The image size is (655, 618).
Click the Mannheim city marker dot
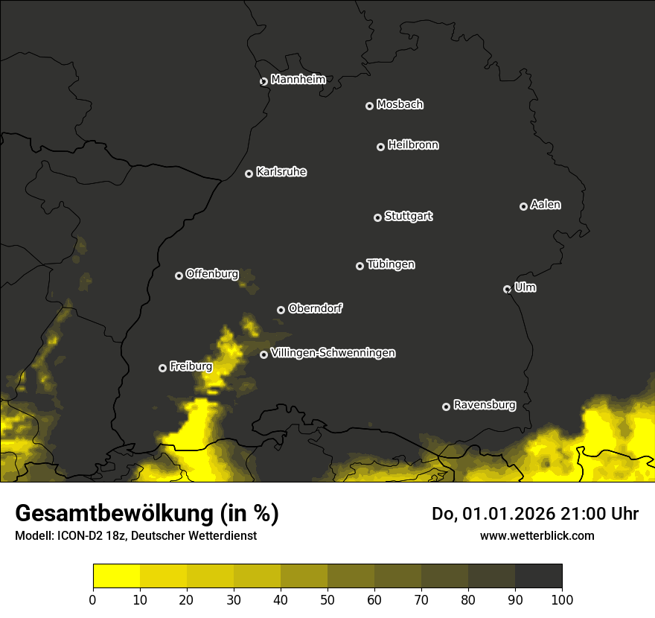(x=263, y=82)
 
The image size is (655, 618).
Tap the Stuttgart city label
(x=409, y=217)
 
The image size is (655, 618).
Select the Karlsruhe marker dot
(x=249, y=174)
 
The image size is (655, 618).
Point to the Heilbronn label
(x=413, y=145)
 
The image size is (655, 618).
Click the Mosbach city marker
(x=369, y=106)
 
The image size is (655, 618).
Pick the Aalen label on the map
(x=546, y=205)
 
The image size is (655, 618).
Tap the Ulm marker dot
(x=508, y=289)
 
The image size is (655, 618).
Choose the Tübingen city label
(x=391, y=264)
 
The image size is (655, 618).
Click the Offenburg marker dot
(x=179, y=275)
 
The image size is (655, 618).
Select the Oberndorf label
(x=315, y=308)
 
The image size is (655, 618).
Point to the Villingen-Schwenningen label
(x=333, y=353)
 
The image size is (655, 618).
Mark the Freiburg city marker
(x=162, y=368)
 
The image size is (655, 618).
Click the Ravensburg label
(x=485, y=405)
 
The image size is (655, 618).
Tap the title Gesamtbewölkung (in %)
(x=147, y=513)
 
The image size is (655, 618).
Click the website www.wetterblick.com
(x=537, y=535)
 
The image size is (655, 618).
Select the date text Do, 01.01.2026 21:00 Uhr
(x=535, y=513)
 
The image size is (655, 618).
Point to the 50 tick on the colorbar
(x=327, y=598)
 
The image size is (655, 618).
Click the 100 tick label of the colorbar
(x=562, y=598)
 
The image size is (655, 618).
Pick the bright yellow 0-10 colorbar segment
(x=117, y=576)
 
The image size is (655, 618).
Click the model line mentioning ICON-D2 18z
(x=135, y=536)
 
